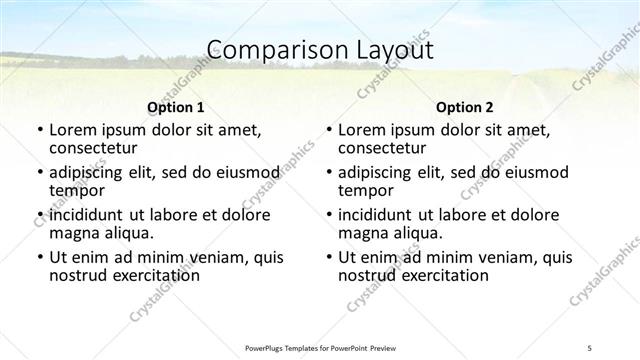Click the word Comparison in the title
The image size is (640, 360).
tap(265, 49)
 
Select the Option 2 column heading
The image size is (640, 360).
tap(464, 107)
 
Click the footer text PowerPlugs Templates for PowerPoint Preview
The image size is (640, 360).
tap(319, 347)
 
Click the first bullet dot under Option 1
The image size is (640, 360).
tap(39, 130)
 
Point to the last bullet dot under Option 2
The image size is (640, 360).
tap(328, 257)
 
